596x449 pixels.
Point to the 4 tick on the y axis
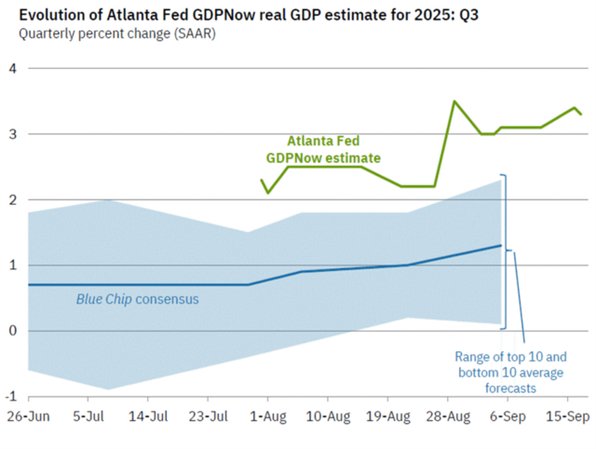coord(13,68)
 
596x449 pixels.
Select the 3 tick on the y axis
coord(13,134)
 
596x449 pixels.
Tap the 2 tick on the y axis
coord(13,199)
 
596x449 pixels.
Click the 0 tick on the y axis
coord(13,331)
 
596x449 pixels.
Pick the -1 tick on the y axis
coord(11,396)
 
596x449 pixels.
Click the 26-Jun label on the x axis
coord(28,415)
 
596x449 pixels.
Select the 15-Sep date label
coord(566,415)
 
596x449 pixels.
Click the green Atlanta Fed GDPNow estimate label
coord(323,150)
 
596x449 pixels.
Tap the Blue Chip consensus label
coord(137,299)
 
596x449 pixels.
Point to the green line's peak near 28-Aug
coord(454,102)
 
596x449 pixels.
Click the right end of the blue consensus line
coord(501,246)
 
